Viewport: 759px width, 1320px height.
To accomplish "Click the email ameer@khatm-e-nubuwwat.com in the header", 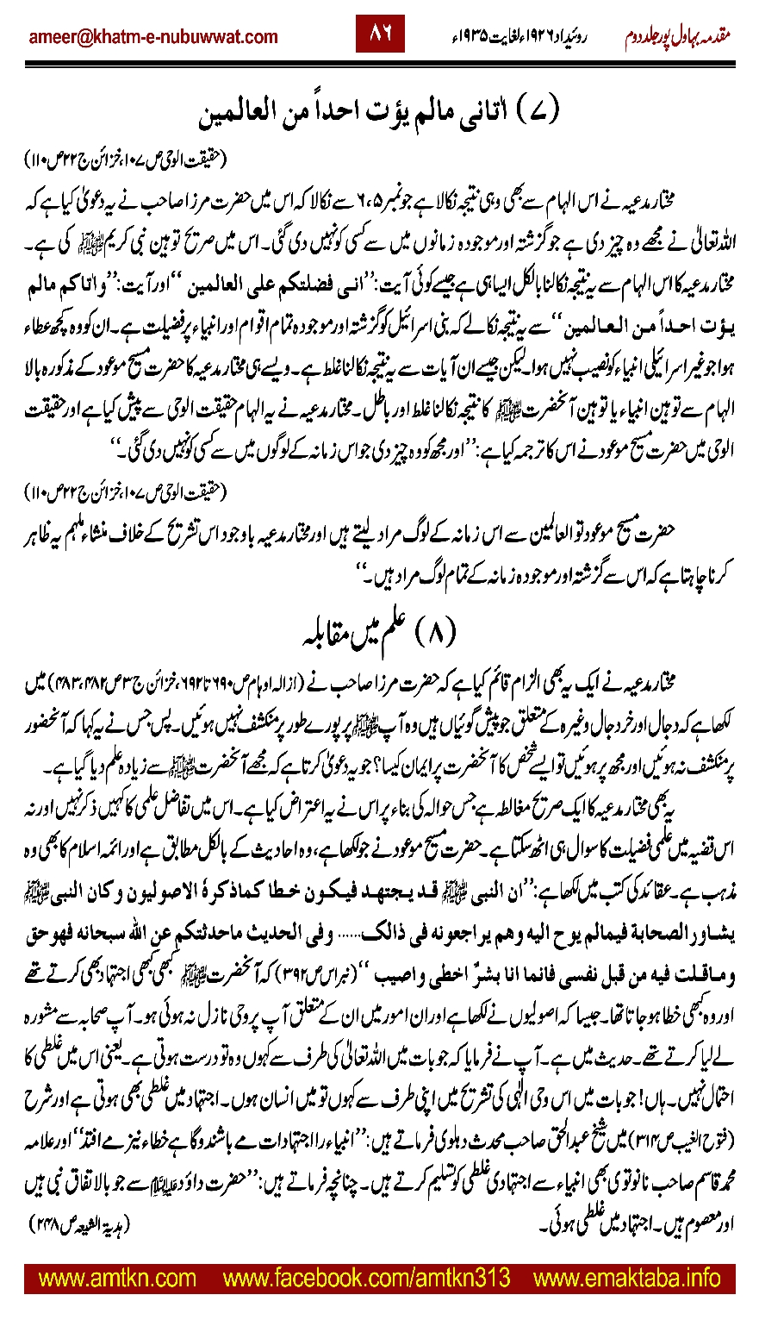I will point(153,36).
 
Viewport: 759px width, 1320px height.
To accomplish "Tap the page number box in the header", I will point(380,35).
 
